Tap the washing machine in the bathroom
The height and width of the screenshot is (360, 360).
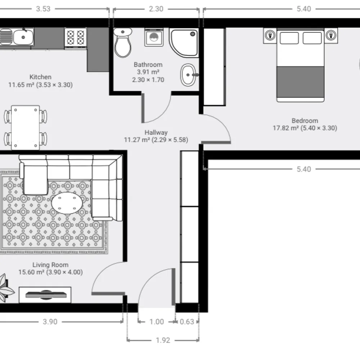click(x=154, y=37)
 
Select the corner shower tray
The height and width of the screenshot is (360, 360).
click(x=184, y=43)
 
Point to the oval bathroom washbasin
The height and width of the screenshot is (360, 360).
click(x=189, y=75)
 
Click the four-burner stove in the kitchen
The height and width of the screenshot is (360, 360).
click(x=76, y=39)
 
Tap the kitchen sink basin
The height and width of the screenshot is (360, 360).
click(x=23, y=37)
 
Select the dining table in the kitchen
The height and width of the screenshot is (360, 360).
click(x=26, y=127)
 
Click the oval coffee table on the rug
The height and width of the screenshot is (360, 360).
click(x=67, y=203)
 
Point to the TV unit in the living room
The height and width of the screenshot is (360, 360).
click(x=45, y=295)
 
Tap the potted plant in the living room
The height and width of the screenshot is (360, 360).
click(x=6, y=288)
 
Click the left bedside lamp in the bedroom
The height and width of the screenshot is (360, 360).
click(x=270, y=36)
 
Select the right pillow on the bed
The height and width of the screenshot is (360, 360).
click(x=312, y=38)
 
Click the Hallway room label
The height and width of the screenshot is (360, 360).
click(x=156, y=132)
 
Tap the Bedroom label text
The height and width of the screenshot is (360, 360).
click(x=305, y=121)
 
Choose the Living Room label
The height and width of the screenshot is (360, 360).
click(x=50, y=265)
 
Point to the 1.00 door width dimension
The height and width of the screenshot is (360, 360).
click(x=157, y=321)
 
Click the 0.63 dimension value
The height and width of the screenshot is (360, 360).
click(x=187, y=321)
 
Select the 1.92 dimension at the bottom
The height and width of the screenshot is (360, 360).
click(x=163, y=340)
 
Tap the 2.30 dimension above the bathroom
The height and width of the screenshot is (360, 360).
click(x=156, y=9)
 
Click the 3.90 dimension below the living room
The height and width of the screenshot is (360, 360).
click(x=50, y=321)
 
